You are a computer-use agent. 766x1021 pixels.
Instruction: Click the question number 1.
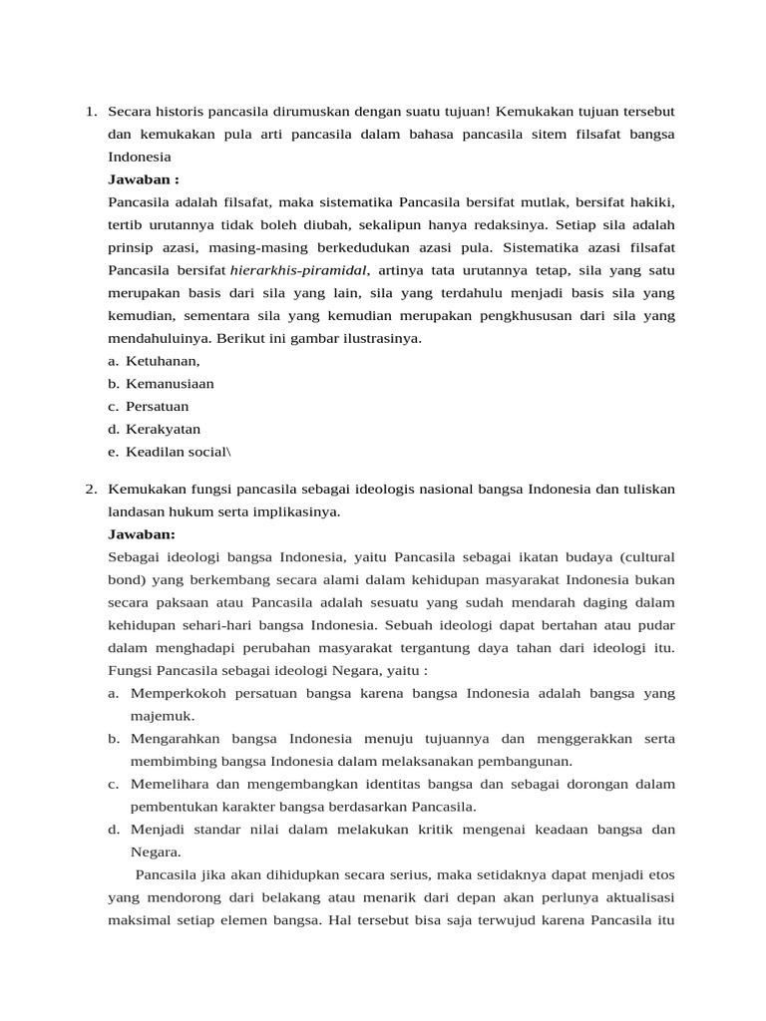click(90, 111)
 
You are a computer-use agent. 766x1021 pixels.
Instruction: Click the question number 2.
click(90, 489)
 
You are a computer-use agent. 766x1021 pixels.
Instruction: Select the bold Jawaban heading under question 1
click(144, 179)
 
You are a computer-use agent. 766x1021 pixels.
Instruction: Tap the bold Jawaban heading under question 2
click(141, 534)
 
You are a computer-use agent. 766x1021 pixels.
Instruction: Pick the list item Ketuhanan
click(163, 361)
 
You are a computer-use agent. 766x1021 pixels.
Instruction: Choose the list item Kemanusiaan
click(170, 384)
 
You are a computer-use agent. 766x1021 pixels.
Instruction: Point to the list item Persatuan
click(157, 407)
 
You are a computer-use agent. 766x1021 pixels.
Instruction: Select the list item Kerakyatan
click(163, 430)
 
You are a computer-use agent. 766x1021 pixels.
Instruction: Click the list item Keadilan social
click(176, 453)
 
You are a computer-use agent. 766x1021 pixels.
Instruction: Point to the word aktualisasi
click(640, 897)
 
